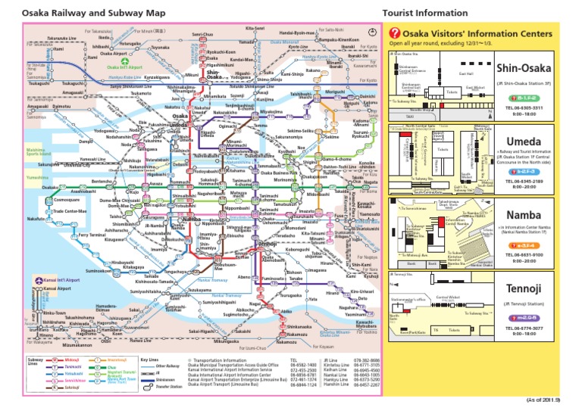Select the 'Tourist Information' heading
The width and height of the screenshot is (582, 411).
[x=425, y=14]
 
